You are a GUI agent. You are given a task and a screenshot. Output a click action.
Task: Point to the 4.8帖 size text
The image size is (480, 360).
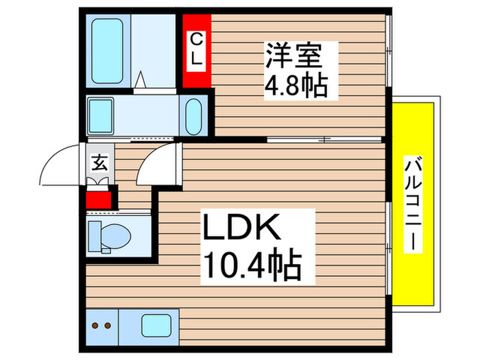click(x=296, y=86)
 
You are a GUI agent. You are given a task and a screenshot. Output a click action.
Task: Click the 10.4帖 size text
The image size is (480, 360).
click(x=251, y=265)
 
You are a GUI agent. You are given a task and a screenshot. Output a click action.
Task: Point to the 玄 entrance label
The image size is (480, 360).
click(x=99, y=164)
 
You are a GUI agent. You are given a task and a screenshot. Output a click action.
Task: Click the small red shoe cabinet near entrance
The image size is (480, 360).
click(x=99, y=200)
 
